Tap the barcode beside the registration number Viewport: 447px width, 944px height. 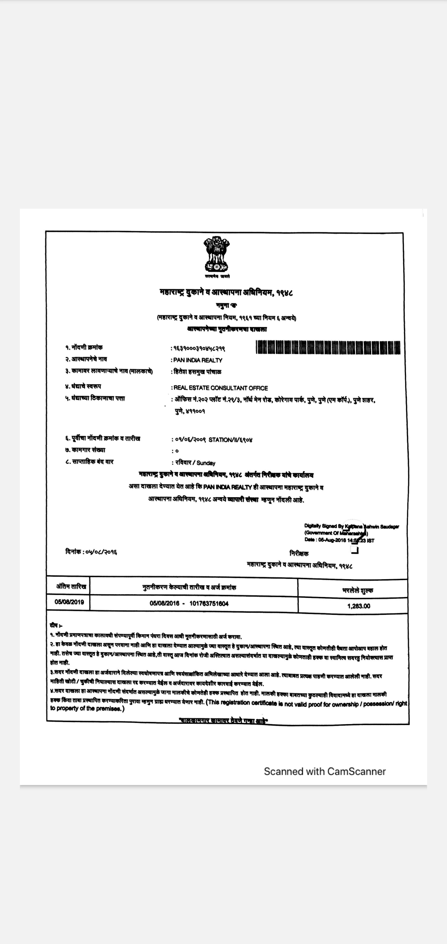tap(329, 347)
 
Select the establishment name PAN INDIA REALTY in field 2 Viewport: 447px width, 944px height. tap(198, 360)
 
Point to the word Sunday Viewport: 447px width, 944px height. tap(206, 463)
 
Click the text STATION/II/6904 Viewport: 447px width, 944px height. tap(231, 440)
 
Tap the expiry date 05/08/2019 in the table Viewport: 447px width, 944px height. tap(69, 602)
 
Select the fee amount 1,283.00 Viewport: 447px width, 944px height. tap(359, 606)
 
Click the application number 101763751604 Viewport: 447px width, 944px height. tap(209, 604)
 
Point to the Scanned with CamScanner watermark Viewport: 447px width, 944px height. tap(324, 771)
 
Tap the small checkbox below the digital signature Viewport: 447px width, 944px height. tap(354, 550)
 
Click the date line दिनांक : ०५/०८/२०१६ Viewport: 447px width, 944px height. tap(91, 552)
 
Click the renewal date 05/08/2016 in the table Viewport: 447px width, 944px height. tap(164, 604)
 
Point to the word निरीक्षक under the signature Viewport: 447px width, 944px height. tap(299, 554)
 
